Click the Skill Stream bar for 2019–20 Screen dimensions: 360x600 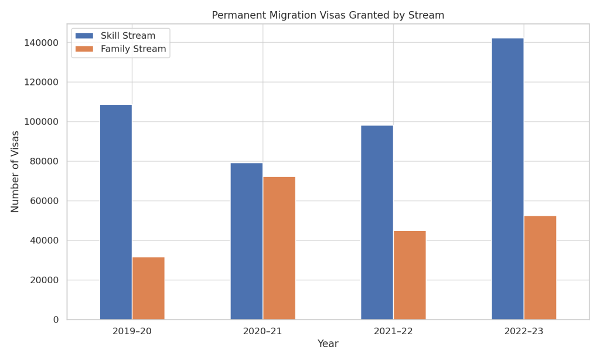click(116, 212)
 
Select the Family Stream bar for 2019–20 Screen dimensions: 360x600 click(148, 288)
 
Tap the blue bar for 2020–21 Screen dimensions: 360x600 click(246, 241)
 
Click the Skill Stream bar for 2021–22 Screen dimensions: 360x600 click(377, 222)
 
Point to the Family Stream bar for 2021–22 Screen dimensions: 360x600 click(410, 275)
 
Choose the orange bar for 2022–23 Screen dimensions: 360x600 click(540, 267)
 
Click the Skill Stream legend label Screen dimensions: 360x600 click(128, 36)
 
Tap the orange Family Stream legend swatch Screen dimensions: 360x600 click(84, 49)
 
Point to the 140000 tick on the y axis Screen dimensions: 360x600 click(40, 43)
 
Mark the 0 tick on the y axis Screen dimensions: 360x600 click(56, 320)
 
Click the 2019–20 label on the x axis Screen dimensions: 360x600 click(132, 331)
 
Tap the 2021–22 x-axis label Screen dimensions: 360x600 click(393, 331)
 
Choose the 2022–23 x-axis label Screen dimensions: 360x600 click(524, 331)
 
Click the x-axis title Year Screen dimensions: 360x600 click(328, 344)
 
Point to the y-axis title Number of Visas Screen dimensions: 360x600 click(16, 171)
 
